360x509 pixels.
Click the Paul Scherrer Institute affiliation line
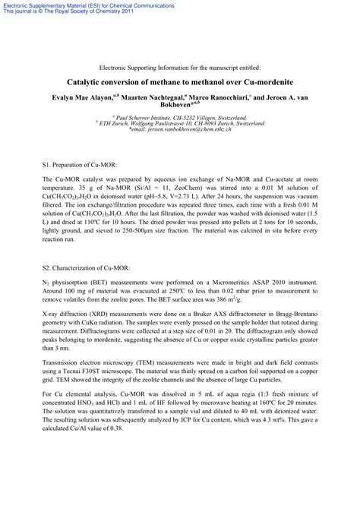coord(179,119)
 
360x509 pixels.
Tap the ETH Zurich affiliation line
coord(181,124)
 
